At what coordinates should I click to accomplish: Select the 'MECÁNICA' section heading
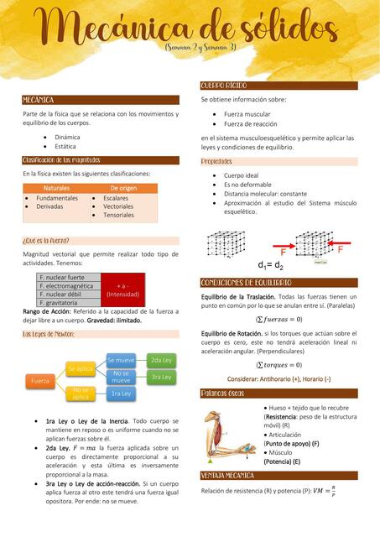(39, 100)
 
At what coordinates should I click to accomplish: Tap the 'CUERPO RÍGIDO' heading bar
(223, 86)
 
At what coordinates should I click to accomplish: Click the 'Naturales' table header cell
(56, 188)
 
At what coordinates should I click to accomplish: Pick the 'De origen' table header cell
(122, 188)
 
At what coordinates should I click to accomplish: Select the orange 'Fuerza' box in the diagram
(40, 381)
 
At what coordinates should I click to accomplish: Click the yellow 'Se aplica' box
(81, 368)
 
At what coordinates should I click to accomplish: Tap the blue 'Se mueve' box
(121, 359)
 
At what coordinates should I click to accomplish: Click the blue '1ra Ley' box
(121, 394)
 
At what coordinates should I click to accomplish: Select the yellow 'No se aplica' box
(81, 394)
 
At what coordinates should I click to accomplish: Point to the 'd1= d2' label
(270, 265)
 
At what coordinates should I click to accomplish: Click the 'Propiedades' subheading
(216, 161)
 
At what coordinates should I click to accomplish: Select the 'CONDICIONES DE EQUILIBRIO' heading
(246, 283)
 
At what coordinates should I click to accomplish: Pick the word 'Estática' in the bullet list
(67, 146)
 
